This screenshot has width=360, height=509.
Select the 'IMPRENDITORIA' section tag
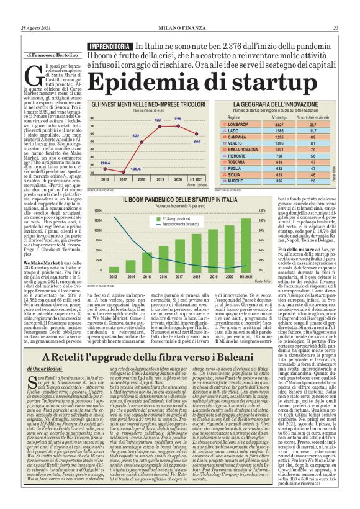tap(110, 47)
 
